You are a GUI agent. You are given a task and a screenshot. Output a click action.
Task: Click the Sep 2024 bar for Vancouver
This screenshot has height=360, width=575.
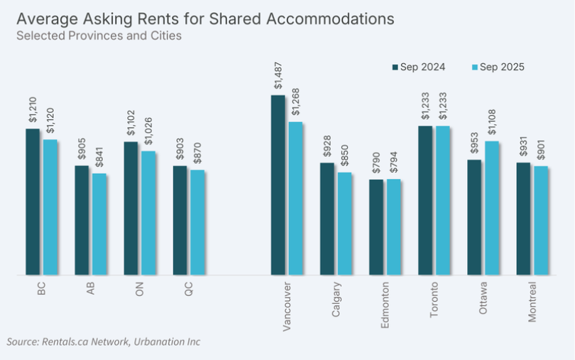pyautogui.click(x=278, y=185)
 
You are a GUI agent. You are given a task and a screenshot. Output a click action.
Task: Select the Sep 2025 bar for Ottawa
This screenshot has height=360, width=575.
pyautogui.click(x=492, y=207)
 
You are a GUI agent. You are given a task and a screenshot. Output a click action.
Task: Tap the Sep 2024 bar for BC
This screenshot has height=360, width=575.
pyautogui.click(x=33, y=202)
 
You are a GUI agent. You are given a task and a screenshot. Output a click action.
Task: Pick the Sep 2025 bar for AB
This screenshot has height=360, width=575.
pyautogui.click(x=99, y=224)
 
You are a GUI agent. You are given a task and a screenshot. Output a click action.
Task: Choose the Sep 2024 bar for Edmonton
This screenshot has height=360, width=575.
pyautogui.click(x=376, y=227)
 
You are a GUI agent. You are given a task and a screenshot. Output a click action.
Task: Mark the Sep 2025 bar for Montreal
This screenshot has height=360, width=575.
pyautogui.click(x=541, y=220)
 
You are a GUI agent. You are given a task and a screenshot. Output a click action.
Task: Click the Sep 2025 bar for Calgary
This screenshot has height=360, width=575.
pyautogui.click(x=344, y=223)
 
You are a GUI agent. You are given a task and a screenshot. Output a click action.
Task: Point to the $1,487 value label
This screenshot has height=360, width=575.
pyautogui.click(x=278, y=76)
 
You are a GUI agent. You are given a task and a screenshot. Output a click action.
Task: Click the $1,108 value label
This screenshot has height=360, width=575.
pyautogui.click(x=492, y=121)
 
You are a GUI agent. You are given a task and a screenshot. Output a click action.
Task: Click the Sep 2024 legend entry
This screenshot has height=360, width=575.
pyautogui.click(x=420, y=67)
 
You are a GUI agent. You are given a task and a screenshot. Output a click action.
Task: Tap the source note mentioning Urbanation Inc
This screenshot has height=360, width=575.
pyautogui.click(x=104, y=342)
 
